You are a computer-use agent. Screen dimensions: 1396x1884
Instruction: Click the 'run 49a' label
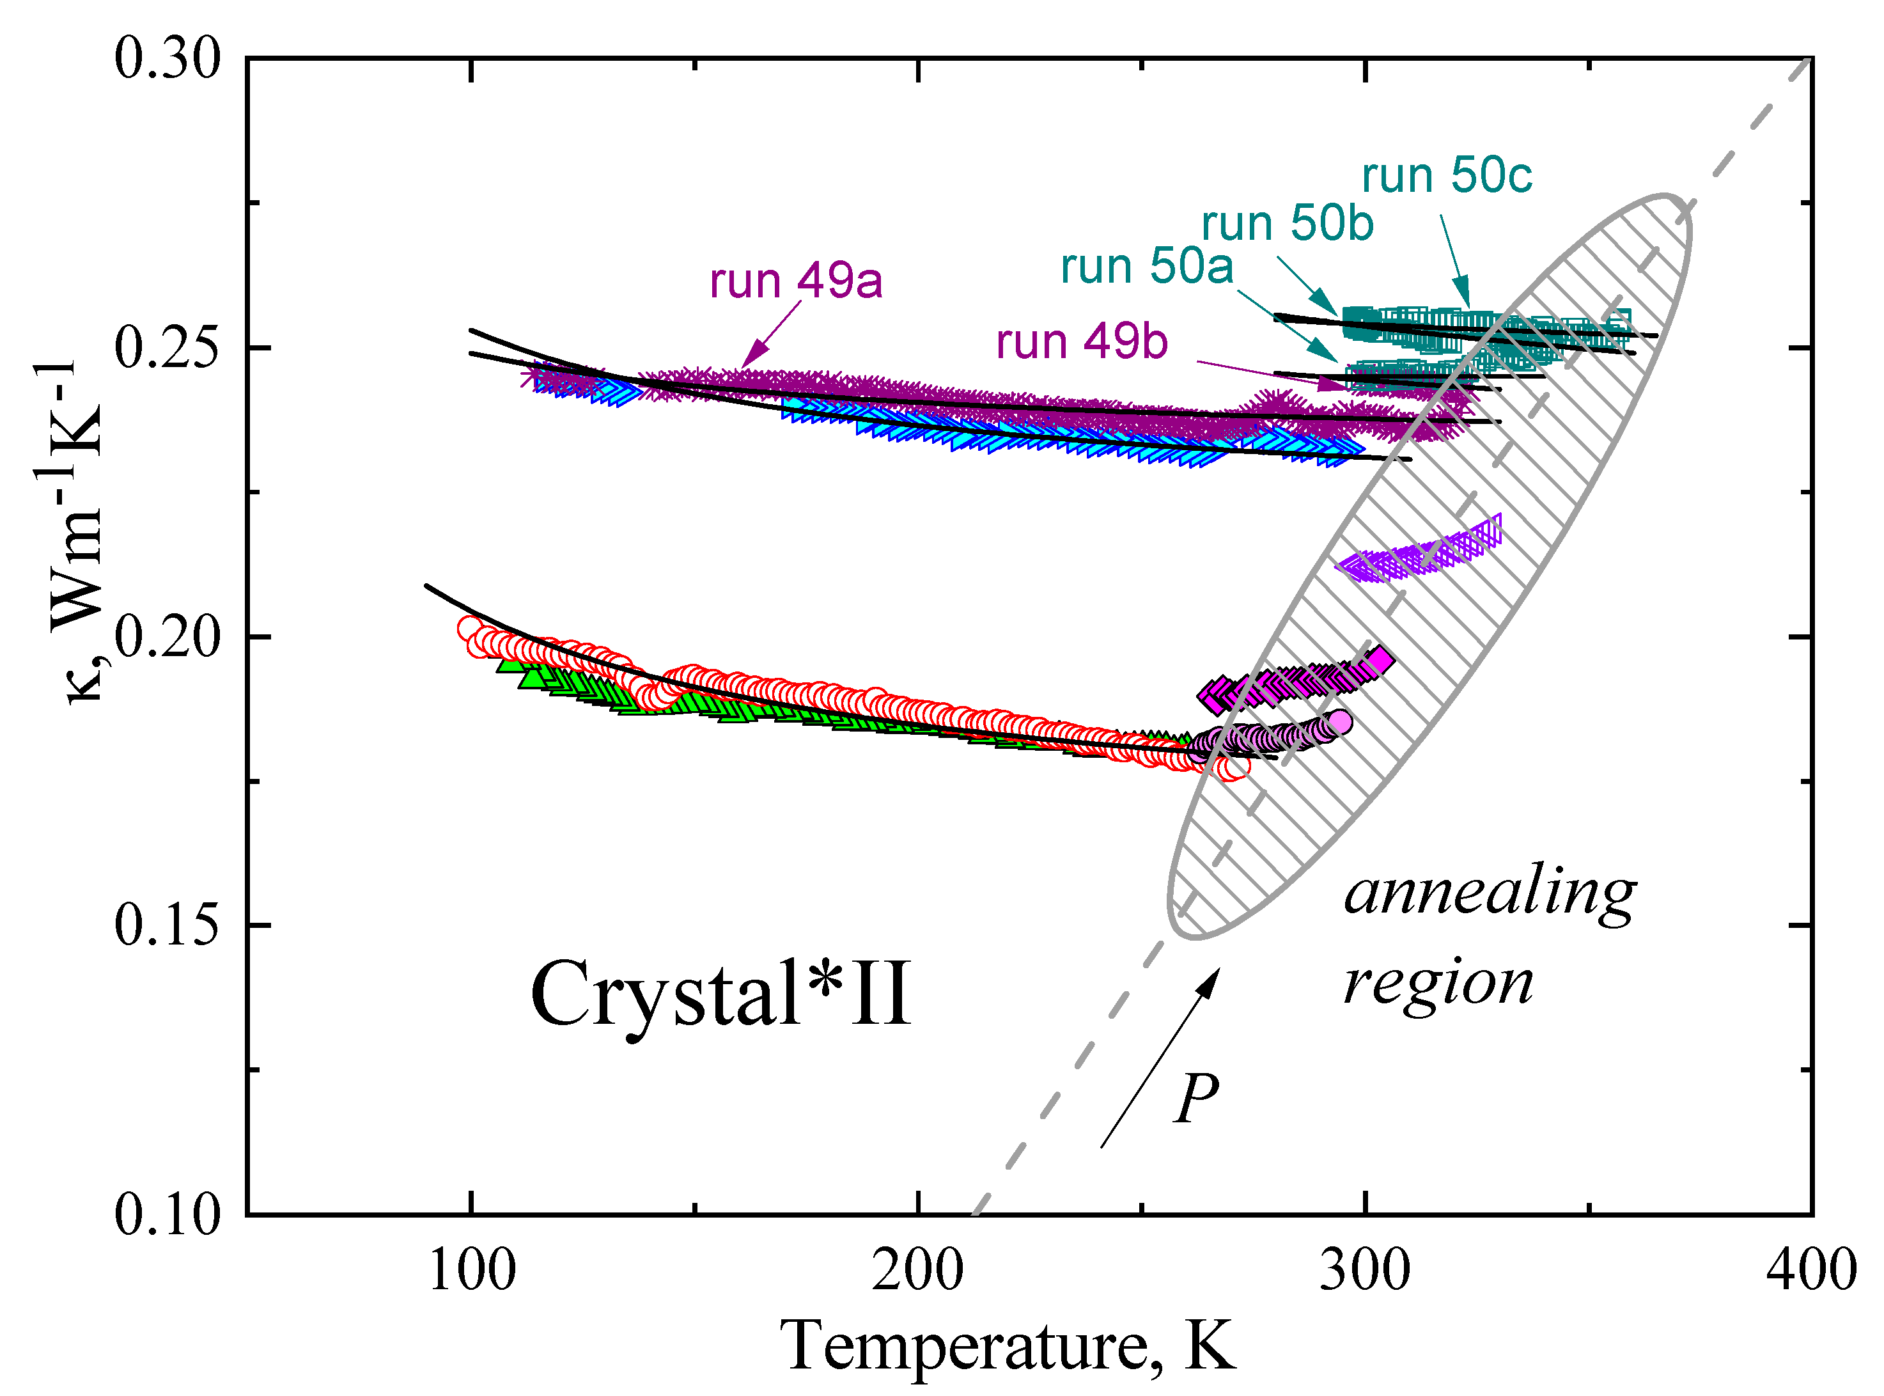point(796,281)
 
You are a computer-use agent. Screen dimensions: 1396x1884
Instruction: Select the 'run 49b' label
point(1082,342)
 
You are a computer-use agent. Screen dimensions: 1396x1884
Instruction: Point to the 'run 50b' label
point(1288,224)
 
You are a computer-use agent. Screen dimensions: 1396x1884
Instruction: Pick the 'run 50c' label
point(1446,176)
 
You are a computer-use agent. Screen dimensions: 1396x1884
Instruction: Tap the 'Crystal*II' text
point(720,994)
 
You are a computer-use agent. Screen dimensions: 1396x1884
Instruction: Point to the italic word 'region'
point(1438,984)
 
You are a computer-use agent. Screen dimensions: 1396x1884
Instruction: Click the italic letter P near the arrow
point(1196,1099)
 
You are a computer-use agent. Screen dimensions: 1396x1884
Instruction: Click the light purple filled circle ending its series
point(1340,721)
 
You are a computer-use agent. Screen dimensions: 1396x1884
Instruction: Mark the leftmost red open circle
point(470,628)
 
